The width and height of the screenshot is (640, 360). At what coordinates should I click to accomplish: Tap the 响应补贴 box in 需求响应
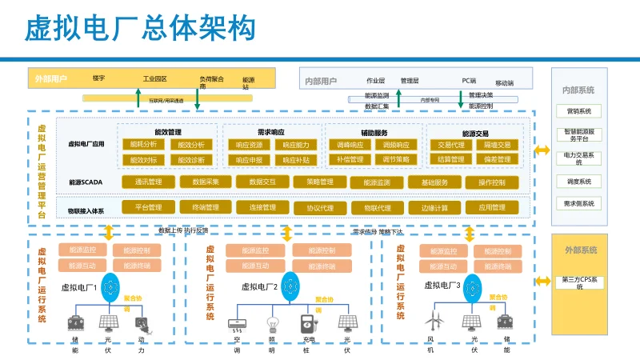click(295, 160)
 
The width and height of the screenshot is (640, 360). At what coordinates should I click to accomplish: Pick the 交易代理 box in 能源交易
click(447, 145)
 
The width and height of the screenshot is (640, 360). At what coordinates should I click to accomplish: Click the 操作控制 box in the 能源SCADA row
click(491, 182)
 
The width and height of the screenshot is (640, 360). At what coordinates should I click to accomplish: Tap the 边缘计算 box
click(434, 208)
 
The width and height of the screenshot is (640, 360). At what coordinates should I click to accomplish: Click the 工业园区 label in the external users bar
click(154, 79)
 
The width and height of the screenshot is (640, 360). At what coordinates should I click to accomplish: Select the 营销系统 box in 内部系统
click(578, 111)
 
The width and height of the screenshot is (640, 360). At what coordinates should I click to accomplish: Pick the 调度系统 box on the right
click(578, 182)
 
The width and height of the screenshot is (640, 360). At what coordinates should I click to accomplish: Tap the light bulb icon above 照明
click(271, 323)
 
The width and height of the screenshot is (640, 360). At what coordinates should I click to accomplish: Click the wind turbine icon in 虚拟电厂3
click(433, 322)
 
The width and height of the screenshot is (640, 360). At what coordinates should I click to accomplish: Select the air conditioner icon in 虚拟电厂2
click(236, 324)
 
